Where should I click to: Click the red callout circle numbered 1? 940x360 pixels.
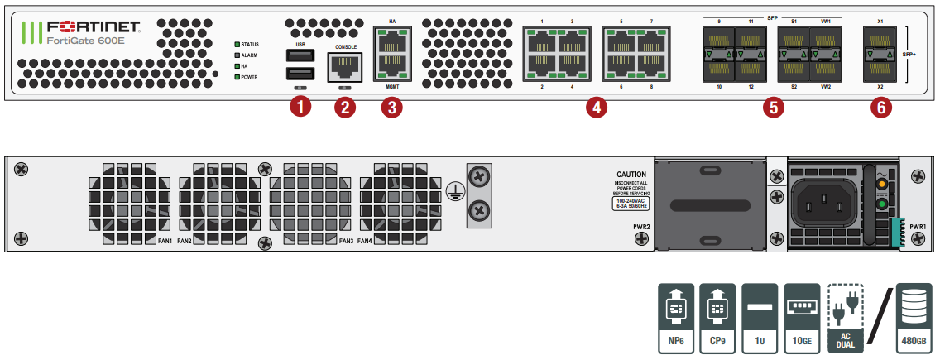[300, 107]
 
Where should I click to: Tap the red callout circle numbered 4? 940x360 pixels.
[596, 107]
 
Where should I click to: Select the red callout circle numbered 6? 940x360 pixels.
[880, 107]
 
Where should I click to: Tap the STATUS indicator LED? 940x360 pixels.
[237, 44]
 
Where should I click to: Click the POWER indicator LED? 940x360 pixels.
[237, 77]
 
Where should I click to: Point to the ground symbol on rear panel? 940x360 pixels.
[453, 191]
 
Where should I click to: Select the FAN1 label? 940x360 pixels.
[164, 241]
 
